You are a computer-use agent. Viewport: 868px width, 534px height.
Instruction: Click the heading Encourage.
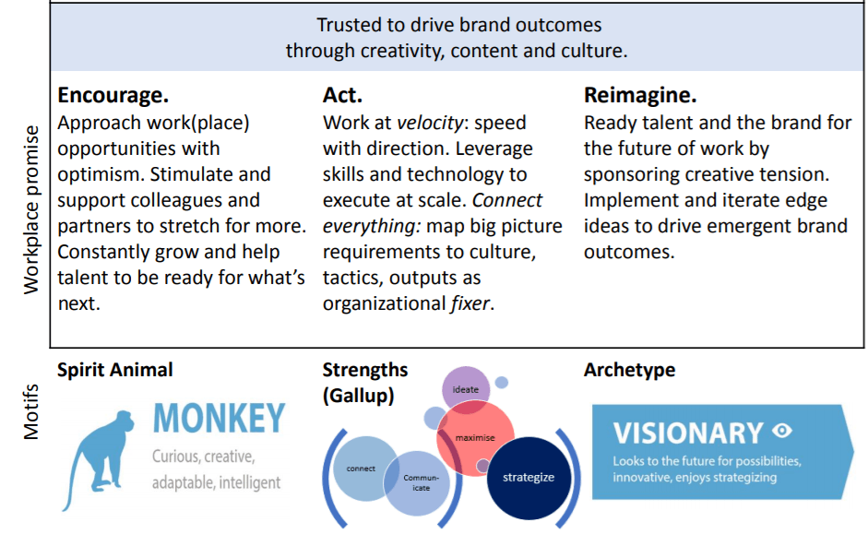pos(113,96)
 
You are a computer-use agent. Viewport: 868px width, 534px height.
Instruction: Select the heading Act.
pos(342,95)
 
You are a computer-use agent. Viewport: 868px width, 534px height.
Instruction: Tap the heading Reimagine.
pos(640,96)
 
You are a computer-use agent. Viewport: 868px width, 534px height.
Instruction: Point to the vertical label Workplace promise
pos(31,209)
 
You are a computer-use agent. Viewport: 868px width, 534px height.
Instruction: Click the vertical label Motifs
pos(31,411)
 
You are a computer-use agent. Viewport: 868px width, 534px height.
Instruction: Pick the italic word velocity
pos(430,123)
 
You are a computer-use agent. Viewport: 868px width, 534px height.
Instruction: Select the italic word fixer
pos(470,303)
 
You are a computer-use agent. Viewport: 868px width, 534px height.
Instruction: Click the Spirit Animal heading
pos(115,370)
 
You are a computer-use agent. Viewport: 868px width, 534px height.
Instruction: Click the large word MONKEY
pos(220,419)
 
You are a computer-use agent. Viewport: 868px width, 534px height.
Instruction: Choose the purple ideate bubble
pos(466,389)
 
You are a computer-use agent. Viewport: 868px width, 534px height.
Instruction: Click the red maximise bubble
pos(475,438)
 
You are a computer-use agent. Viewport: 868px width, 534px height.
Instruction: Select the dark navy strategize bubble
pos(529,478)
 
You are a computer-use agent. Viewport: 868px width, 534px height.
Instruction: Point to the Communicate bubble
pos(418,483)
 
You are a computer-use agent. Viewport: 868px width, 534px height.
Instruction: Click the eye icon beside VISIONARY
pos(782,430)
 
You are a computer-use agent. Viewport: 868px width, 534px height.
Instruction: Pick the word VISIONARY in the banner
pos(688,433)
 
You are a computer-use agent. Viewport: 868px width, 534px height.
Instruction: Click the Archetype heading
pos(629,370)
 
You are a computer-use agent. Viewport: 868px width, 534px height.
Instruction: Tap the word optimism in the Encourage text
pos(101,174)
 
